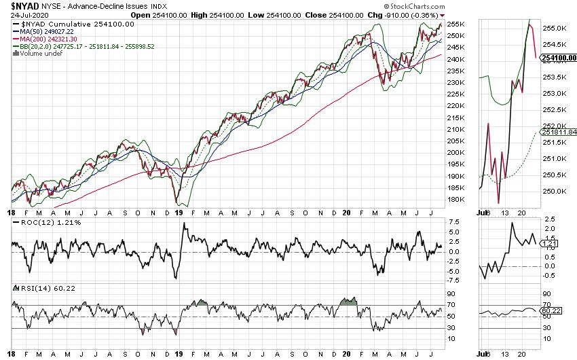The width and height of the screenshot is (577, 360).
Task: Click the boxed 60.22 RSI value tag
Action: point(552,310)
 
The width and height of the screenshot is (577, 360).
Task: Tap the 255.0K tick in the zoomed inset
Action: point(554,29)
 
